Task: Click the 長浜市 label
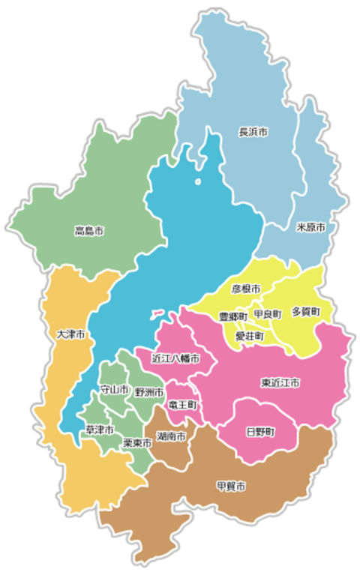(253, 132)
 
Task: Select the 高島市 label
(88, 231)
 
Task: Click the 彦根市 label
(246, 289)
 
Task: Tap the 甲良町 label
(268, 313)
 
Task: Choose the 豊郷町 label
(232, 317)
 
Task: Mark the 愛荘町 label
(249, 337)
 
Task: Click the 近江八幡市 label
(175, 358)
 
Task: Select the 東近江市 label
(280, 382)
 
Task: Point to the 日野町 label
(259, 432)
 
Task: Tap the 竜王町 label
(182, 404)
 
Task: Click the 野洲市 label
(148, 391)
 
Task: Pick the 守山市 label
(115, 390)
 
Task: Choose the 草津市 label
(100, 430)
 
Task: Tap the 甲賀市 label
(231, 487)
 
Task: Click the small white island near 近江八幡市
(157, 313)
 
